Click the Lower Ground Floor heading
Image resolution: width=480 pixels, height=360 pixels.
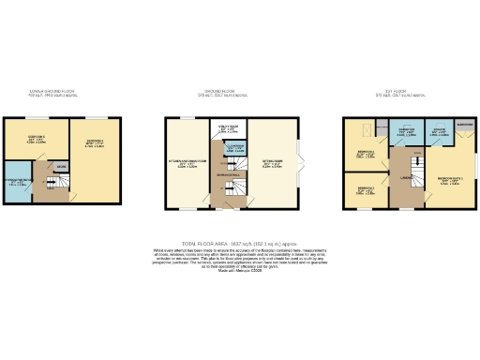50,92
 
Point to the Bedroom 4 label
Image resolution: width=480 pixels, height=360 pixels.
92,143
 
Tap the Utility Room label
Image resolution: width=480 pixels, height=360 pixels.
226,130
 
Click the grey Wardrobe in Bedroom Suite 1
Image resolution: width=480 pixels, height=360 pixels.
463,124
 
